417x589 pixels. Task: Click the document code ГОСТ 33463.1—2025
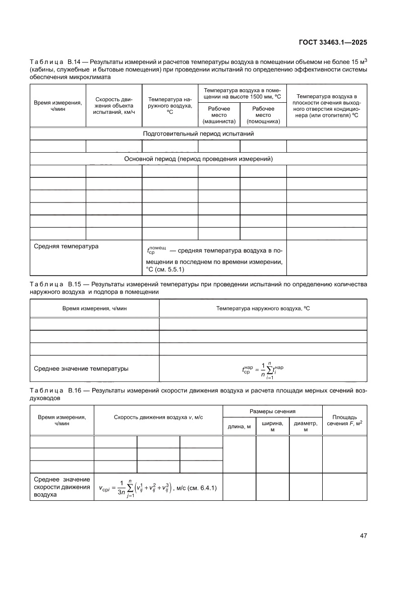pos(333,43)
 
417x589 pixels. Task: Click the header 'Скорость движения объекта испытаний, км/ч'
pos(113,105)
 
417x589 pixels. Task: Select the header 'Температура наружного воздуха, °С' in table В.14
pos(169,105)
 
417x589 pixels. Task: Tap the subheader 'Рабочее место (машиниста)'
pos(218,115)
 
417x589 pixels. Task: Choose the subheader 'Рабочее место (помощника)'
pos(263,115)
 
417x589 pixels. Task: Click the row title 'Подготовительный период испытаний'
pos(198,134)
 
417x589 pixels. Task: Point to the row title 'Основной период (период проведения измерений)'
pos(198,159)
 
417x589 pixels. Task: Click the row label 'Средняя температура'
pos(66,246)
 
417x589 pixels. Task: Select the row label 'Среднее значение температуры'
pos(81,368)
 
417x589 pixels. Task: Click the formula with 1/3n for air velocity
pos(158,488)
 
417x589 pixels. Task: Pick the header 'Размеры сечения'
pos(272,412)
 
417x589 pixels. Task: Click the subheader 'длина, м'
pos(239,427)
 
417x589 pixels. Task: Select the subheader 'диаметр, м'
pos(305,427)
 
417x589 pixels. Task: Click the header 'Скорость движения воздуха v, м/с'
pos(158,418)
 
